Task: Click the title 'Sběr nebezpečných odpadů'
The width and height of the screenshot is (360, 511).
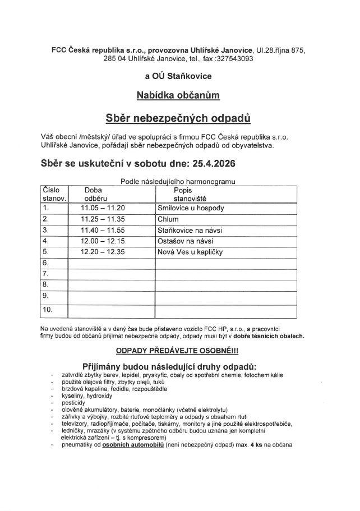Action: coord(178,118)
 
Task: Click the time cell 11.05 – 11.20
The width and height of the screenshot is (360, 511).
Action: coord(103,208)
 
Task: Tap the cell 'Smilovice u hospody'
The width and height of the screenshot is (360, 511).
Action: coord(191,208)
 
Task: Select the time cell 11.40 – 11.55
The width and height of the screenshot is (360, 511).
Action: coord(103,230)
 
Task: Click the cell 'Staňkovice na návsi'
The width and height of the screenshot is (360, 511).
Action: coord(190,230)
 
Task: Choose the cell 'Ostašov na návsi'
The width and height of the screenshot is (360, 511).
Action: coord(184,241)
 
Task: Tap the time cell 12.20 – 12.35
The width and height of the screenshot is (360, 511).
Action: coord(103,252)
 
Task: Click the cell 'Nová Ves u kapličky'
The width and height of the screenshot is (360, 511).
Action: coord(190,252)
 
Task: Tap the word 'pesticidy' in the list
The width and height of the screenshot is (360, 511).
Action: coord(73,403)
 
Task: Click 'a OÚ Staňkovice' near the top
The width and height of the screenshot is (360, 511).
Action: coord(178,76)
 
